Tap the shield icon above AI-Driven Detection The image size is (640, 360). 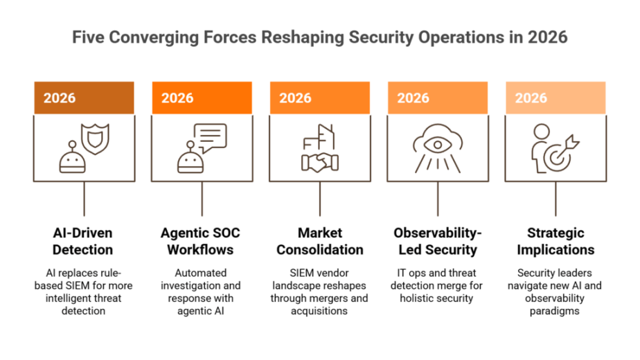(x=95, y=138)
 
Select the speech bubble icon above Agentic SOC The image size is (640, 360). (x=210, y=138)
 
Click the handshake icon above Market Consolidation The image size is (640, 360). (x=320, y=163)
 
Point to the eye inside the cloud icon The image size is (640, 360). (x=438, y=145)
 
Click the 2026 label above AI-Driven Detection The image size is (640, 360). (x=60, y=98)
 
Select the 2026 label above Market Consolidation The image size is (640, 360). (x=295, y=98)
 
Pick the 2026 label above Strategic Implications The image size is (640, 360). (x=531, y=98)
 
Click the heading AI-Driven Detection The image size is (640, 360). (x=83, y=241)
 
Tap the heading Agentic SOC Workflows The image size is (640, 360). (x=200, y=241)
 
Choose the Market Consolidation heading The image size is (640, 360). (x=320, y=241)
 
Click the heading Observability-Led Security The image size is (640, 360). (x=438, y=241)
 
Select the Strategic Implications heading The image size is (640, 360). (x=555, y=241)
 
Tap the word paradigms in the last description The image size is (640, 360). (x=554, y=312)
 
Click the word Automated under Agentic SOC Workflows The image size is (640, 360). (x=200, y=273)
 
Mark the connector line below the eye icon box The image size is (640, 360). (x=438, y=199)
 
